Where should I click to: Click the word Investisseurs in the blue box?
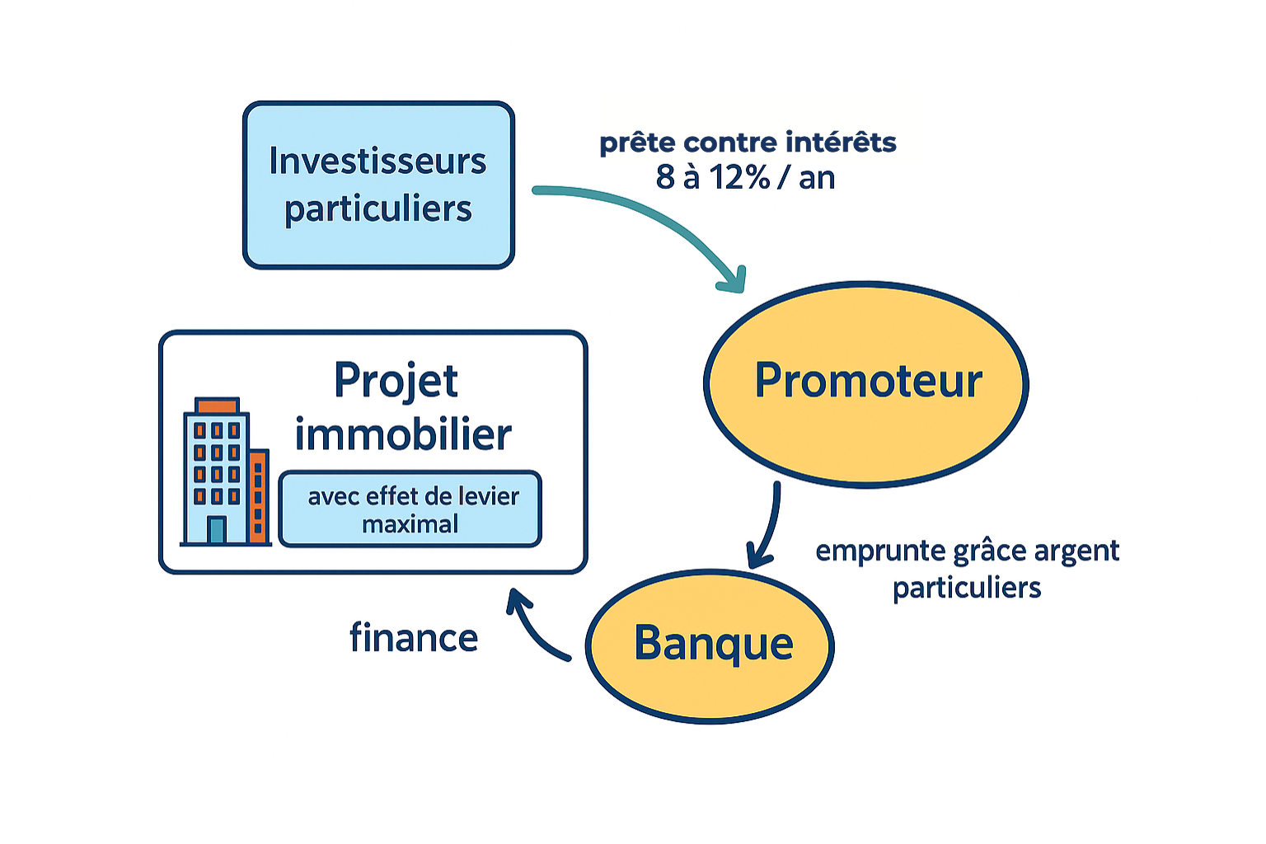point(377,161)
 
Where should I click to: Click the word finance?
point(414,638)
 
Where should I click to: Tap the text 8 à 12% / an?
point(745,178)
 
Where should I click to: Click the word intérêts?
point(841,143)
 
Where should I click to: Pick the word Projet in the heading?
point(396,381)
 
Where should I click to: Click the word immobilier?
point(403,434)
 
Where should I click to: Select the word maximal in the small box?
point(410,524)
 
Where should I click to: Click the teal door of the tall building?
point(217,529)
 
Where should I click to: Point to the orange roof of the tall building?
point(217,406)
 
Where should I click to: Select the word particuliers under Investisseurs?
point(378,209)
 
